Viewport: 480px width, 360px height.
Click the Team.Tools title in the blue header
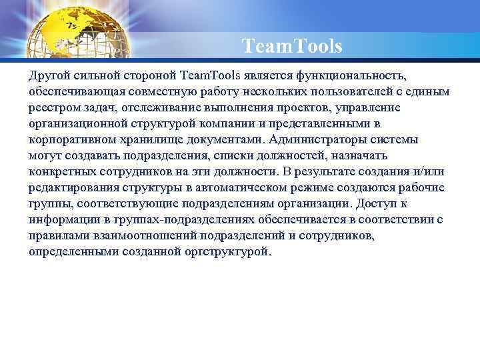(x=292, y=47)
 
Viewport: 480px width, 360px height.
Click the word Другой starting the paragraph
(x=47, y=75)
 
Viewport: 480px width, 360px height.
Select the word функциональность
(x=352, y=75)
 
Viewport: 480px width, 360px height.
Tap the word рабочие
(x=421, y=187)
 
